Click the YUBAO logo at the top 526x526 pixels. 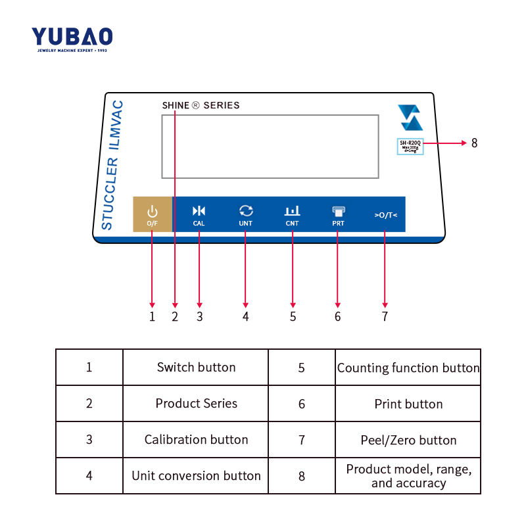click(72, 38)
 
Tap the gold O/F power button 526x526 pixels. click(152, 214)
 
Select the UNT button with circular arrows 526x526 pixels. click(245, 214)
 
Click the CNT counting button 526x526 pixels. click(292, 214)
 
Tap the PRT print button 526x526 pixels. click(338, 214)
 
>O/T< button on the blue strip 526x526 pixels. click(385, 214)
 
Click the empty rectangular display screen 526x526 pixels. click(270, 146)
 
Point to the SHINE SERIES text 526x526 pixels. click(201, 105)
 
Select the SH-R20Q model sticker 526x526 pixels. click(410, 145)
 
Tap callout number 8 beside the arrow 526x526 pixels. click(474, 143)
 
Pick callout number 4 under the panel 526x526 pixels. click(245, 316)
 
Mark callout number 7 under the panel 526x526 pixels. click(385, 316)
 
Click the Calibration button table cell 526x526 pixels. click(196, 439)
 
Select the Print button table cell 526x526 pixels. click(408, 404)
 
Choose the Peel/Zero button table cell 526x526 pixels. click(408, 439)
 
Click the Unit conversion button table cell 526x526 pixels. click(196, 475)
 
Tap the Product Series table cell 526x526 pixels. click(196, 404)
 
